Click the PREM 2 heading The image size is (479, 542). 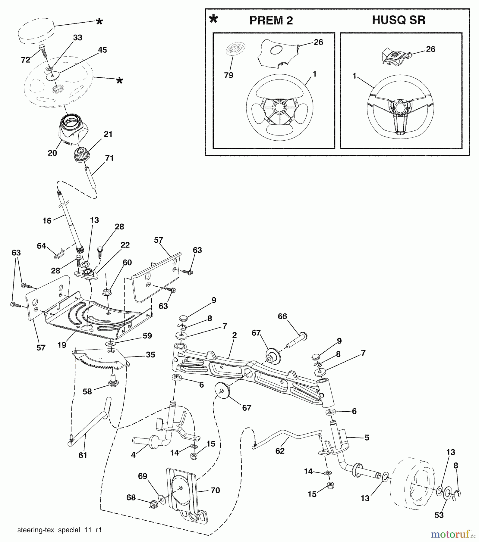click(x=271, y=20)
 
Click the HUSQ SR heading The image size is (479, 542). click(x=399, y=20)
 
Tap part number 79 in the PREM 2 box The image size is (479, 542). click(x=228, y=75)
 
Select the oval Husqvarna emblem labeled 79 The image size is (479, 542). click(x=235, y=49)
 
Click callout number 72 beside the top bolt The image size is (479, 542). click(x=26, y=60)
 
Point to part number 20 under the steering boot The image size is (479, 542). click(x=52, y=153)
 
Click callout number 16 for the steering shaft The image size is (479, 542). click(x=47, y=221)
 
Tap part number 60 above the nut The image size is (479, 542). click(x=127, y=263)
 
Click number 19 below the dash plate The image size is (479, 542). click(x=62, y=345)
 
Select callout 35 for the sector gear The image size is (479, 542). click(x=150, y=355)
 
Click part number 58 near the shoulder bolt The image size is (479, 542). click(x=87, y=392)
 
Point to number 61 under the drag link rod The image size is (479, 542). click(x=83, y=455)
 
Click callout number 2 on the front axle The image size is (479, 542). click(x=234, y=335)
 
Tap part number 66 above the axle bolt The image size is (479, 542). click(x=282, y=316)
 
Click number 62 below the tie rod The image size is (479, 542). click(x=280, y=451)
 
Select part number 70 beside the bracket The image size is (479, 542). click(x=215, y=491)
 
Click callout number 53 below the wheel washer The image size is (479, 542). click(x=439, y=515)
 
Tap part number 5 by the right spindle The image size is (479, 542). click(x=367, y=438)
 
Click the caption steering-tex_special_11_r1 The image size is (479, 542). click(x=59, y=530)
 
